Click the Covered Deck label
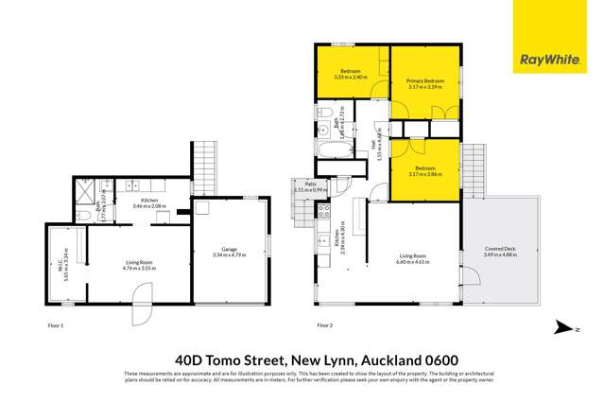point(498,250)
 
